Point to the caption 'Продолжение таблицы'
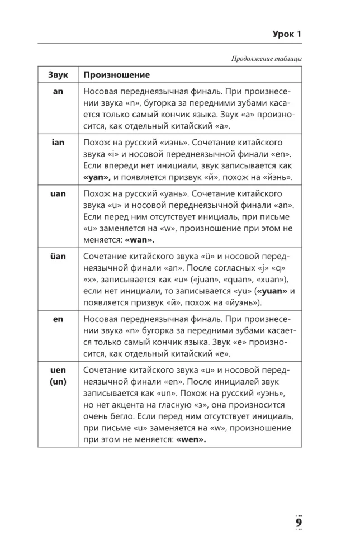pos(266,58)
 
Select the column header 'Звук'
pos(58,74)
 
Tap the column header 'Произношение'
pos(116,74)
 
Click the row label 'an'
pos(58,92)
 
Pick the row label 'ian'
pos(58,143)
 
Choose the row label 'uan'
pos(58,193)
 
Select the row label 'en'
pos(58,319)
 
